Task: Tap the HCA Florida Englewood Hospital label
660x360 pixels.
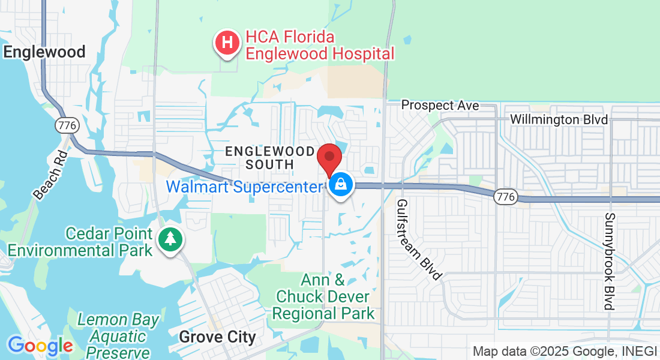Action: click(320, 46)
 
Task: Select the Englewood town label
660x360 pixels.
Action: click(44, 52)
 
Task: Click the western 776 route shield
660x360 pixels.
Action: click(64, 125)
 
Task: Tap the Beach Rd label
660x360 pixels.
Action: click(47, 175)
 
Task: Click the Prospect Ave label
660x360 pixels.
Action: click(440, 106)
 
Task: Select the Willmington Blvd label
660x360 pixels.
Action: click(559, 119)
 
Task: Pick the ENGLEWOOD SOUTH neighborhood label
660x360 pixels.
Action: click(269, 158)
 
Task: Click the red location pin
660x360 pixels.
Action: click(329, 160)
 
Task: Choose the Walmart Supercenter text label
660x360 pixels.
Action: click(244, 187)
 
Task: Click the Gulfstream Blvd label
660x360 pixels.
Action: click(419, 239)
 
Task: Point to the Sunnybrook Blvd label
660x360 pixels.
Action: click(610, 261)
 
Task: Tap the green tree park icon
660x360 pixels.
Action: click(171, 239)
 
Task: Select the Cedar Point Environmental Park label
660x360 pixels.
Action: click(80, 241)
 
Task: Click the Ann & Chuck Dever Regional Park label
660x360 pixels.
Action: click(324, 296)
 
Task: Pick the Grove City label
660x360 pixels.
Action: click(217, 337)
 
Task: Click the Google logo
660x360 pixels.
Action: click(40, 346)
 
